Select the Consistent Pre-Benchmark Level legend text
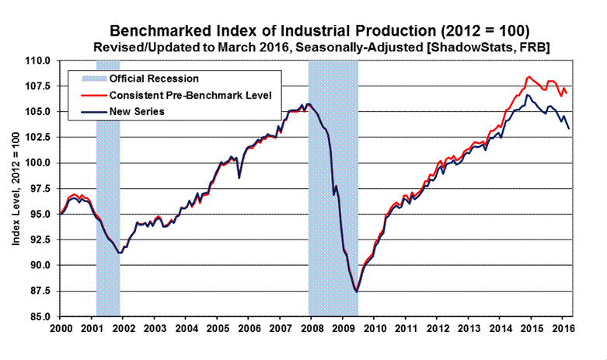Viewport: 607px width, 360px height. [180, 95]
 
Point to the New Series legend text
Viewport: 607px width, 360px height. [138, 112]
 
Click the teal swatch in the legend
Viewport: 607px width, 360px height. [87, 79]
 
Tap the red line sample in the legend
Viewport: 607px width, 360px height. [87, 95]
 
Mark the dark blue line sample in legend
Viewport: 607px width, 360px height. [87, 112]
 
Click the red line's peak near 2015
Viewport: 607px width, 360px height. [529, 76]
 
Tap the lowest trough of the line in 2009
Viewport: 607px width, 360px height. [356, 292]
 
